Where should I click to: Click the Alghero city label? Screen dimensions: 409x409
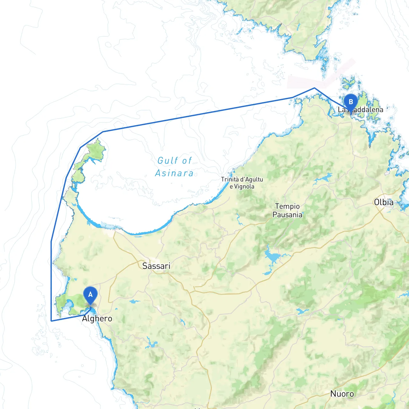[x=97, y=319]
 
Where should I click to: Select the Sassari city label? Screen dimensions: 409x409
[x=156, y=266]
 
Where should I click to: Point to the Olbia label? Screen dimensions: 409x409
[x=383, y=202]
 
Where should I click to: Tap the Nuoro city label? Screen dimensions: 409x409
[x=342, y=394]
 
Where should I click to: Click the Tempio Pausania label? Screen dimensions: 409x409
[x=287, y=211]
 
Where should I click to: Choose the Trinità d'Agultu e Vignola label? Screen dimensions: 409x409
[x=242, y=183]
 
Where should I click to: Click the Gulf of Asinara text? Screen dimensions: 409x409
[x=174, y=167]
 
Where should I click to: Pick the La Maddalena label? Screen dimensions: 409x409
[x=360, y=110]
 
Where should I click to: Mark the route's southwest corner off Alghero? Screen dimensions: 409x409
[x=51, y=321]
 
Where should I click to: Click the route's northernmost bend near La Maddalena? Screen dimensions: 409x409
[x=315, y=88]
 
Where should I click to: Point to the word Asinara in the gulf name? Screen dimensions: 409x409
[x=174, y=173]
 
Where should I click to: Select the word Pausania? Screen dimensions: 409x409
[x=287, y=215]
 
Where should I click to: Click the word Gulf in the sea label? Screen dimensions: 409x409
[x=166, y=160]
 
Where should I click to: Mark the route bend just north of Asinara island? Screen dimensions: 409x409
[x=103, y=132]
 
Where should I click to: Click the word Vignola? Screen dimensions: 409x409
[x=244, y=187]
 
